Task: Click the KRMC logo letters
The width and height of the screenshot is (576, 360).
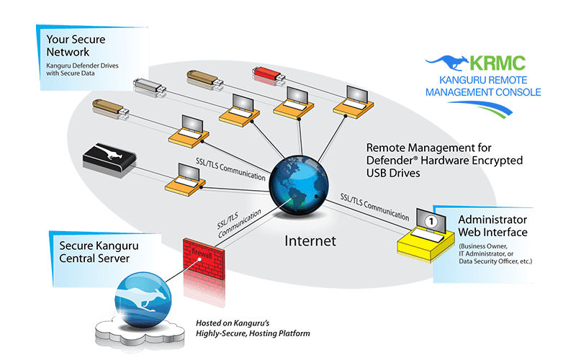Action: tap(495, 63)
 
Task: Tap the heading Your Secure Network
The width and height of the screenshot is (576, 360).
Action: tap(78, 45)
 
